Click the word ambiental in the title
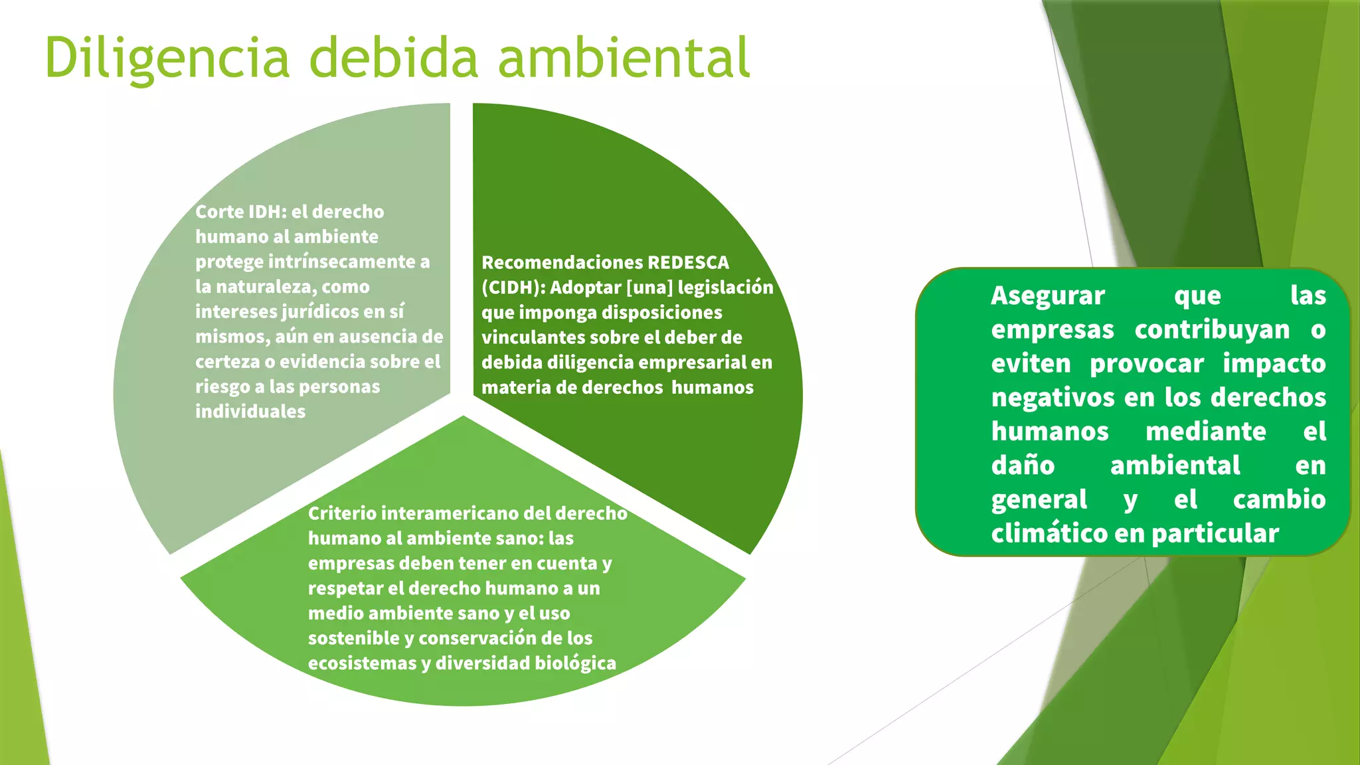click(x=624, y=58)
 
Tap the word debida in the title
click(x=393, y=58)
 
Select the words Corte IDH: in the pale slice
click(x=240, y=212)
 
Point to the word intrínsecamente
click(x=341, y=262)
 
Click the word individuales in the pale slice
click(x=250, y=412)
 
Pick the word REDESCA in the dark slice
click(x=688, y=262)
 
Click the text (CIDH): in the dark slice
click(x=513, y=288)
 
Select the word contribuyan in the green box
click(x=1211, y=330)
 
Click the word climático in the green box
click(x=1049, y=534)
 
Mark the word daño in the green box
click(x=1023, y=466)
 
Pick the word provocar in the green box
click(x=1146, y=364)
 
